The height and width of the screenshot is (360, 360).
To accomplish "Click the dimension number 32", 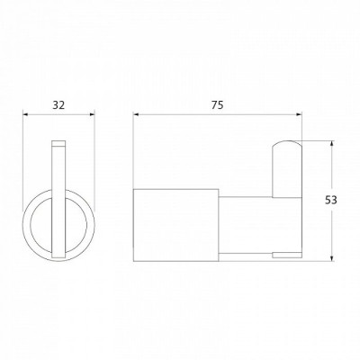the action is [58, 105].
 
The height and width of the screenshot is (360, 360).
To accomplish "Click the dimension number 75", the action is [218, 105].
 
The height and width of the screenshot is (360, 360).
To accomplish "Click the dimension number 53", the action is [331, 200].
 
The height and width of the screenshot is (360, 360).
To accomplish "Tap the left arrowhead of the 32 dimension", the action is [25, 114].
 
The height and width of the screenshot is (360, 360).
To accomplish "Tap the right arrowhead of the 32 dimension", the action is [93, 114].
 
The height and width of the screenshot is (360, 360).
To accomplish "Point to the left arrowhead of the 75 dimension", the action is [136, 114].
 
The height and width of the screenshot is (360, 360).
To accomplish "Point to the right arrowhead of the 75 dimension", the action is [299, 114].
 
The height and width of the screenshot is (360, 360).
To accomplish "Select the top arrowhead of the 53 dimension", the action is [331, 144].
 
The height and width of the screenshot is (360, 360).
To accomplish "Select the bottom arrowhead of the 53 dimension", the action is [331, 259].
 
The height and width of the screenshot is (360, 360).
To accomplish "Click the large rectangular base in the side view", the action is [176, 225].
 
